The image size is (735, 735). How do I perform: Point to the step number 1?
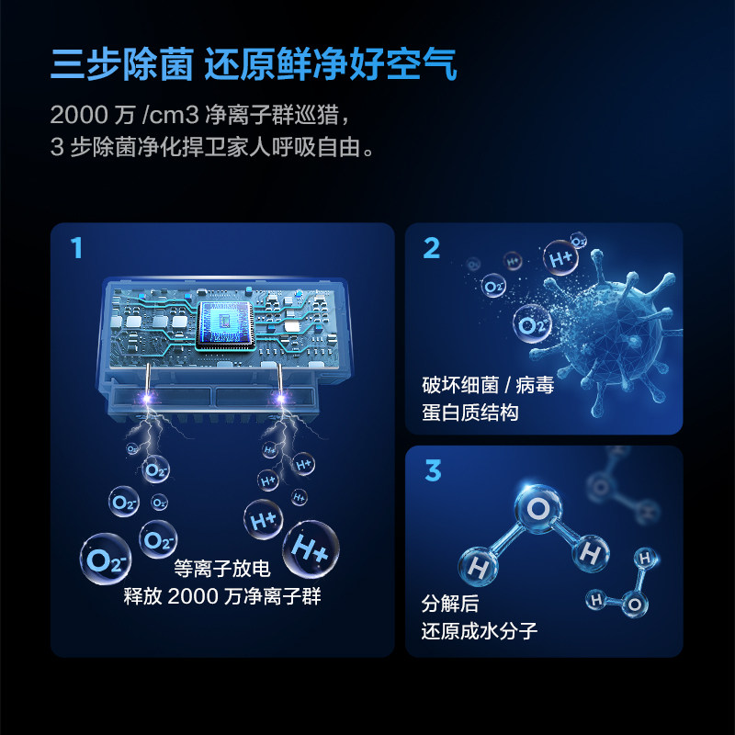tap(77, 248)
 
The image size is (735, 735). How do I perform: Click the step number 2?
tap(432, 248)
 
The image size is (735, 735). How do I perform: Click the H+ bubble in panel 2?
tap(560, 259)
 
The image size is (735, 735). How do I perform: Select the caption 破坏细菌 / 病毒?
tap(488, 385)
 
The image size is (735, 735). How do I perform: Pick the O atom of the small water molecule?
tap(633, 604)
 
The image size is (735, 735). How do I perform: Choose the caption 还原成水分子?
tap(479, 631)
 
